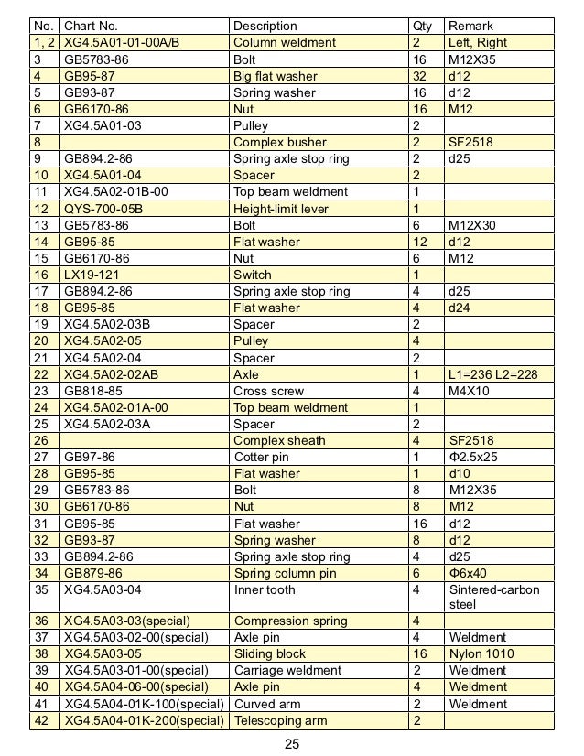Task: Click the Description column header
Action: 265,26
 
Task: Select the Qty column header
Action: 423,26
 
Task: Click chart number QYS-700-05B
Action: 103,209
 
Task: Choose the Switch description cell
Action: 253,275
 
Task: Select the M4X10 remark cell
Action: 470,391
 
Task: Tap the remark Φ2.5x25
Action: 474,458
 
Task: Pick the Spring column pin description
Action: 285,573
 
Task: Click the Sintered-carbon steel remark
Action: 494,598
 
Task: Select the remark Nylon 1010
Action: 481,654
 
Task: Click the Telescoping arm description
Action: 280,720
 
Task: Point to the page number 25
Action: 292,743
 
